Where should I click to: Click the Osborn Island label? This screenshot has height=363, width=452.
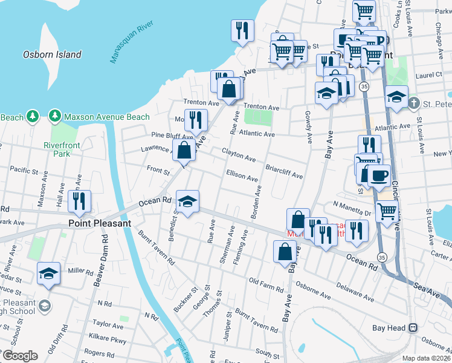[52, 54]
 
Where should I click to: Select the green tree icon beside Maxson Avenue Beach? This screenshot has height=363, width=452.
[55, 116]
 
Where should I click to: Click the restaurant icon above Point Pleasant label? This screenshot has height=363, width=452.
[79, 201]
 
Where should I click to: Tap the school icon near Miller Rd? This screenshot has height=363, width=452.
[48, 273]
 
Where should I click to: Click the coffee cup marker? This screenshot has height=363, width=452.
[378, 175]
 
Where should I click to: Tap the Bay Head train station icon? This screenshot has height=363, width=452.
[413, 328]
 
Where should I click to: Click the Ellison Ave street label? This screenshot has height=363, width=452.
[242, 175]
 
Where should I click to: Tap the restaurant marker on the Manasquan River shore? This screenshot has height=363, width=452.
[242, 30]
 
